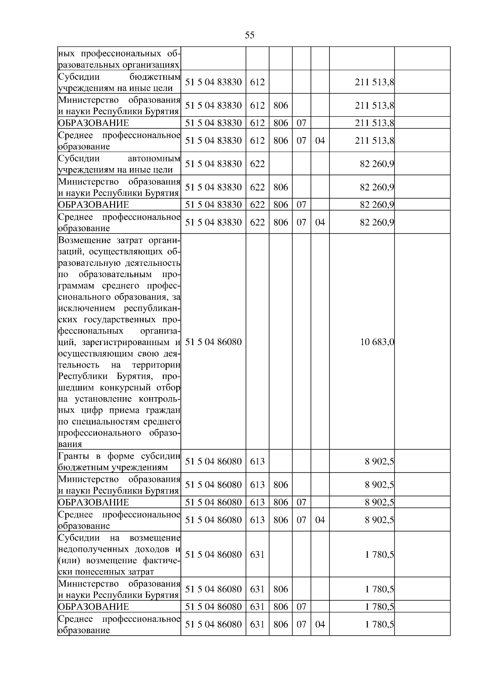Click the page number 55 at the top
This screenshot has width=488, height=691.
pos(250,35)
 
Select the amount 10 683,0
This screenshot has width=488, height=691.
pos(377,342)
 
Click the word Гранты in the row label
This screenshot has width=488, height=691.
pos(71,456)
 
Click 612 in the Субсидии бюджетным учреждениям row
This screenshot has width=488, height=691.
pos(257,82)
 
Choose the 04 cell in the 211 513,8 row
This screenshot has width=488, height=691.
pos(320,141)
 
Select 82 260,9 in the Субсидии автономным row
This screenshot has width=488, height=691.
pos(377,164)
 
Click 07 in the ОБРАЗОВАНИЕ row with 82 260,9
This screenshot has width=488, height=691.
pos(301,205)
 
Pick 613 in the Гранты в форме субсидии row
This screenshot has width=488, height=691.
pos(257,461)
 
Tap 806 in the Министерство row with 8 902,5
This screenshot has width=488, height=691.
pos(281,485)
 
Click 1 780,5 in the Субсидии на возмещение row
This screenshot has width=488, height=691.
pos(379,555)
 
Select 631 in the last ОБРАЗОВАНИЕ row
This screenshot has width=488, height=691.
pos(257,607)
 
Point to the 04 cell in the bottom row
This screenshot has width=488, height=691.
pos(320,624)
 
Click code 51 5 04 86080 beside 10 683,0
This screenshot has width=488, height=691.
pos(213,342)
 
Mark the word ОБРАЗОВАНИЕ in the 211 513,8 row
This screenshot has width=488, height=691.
pos(94,123)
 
